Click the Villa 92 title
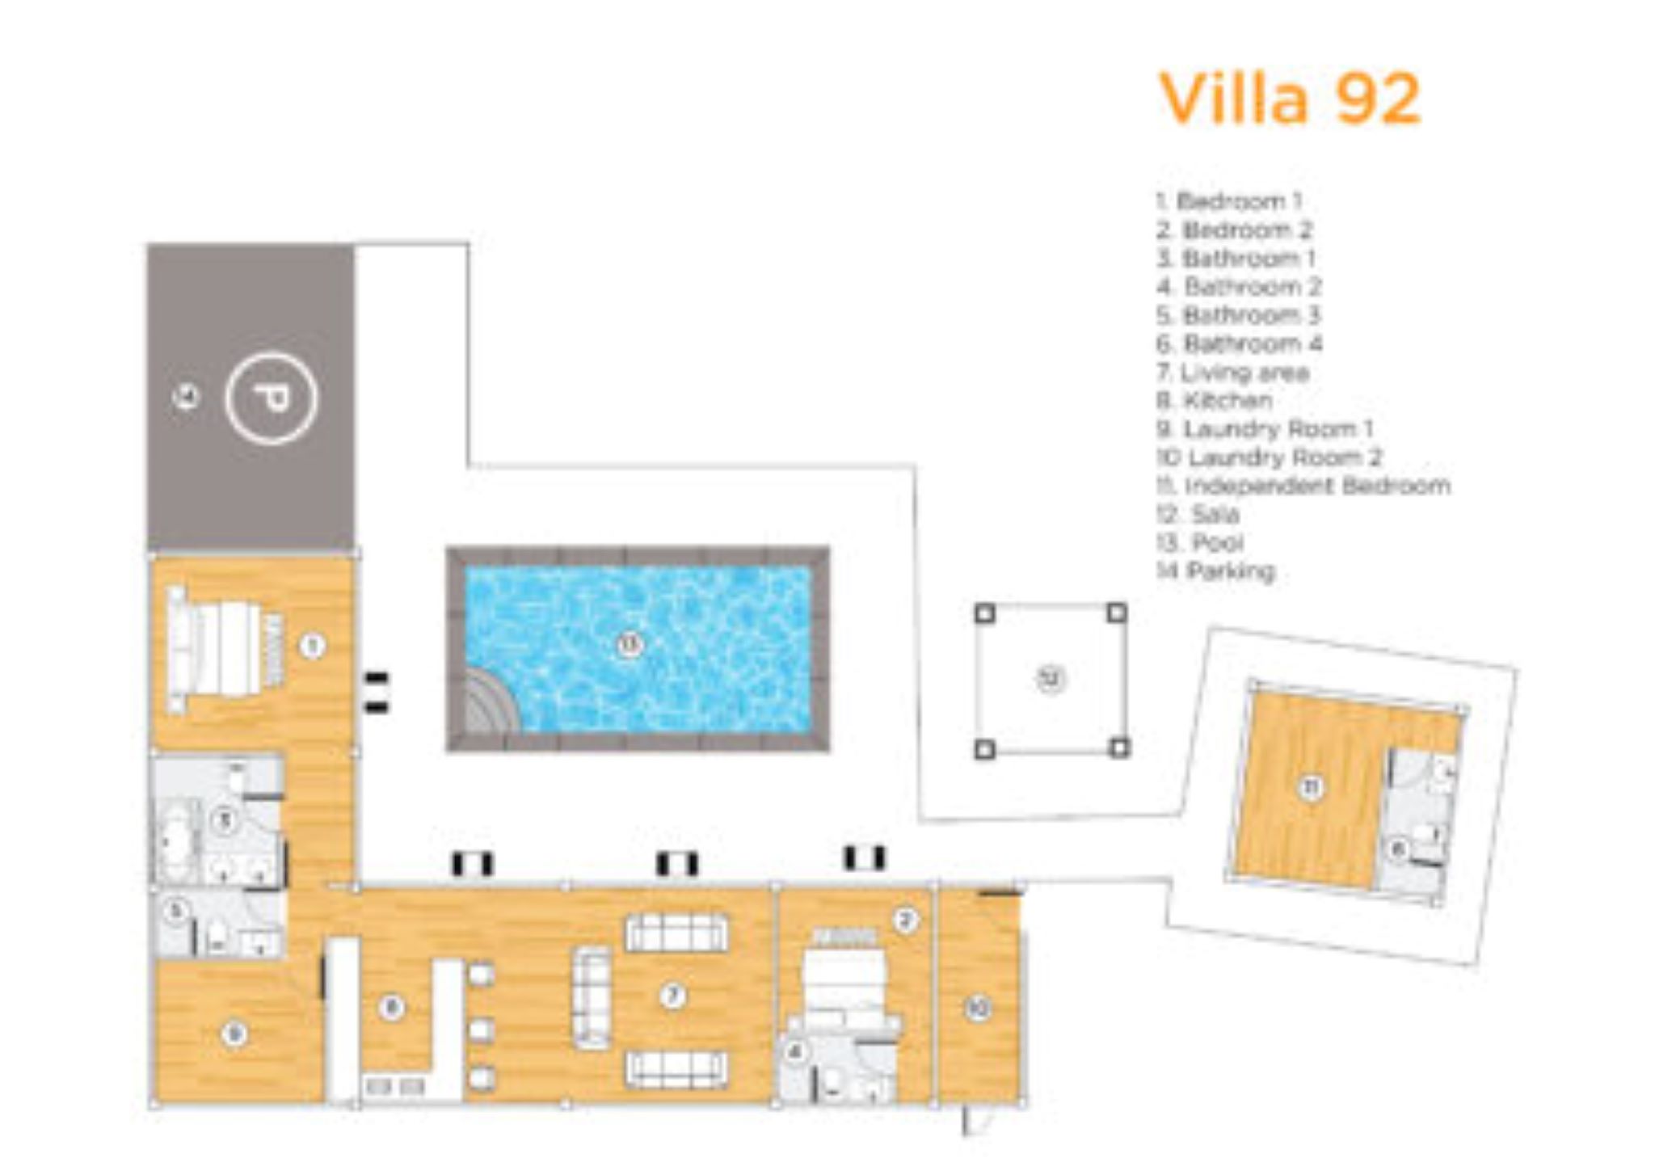(x=1290, y=99)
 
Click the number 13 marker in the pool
(x=630, y=644)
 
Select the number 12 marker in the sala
(x=1051, y=678)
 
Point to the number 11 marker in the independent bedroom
(x=1311, y=786)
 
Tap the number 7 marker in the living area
(x=672, y=996)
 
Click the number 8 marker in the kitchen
(x=392, y=1007)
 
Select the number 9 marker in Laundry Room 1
(x=234, y=1033)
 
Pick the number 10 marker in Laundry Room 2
(x=979, y=1008)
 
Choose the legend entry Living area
(x=1233, y=373)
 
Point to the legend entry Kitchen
(x=1215, y=401)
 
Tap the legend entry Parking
(x=1216, y=571)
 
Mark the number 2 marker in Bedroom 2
(x=905, y=920)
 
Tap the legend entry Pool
(x=1201, y=542)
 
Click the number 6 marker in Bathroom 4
(x=1398, y=849)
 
